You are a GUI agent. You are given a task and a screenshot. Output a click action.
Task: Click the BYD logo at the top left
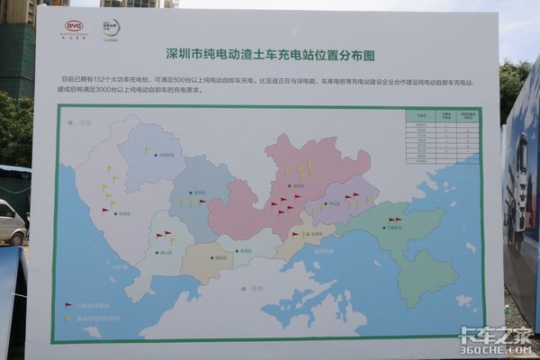(74, 27)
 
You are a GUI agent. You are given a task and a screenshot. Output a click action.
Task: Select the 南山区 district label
(167, 253)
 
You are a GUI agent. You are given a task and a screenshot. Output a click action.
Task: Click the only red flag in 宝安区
(106, 211)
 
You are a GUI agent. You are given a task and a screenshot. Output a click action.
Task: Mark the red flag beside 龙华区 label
(202, 202)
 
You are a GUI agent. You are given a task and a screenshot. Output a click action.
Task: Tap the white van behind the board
(12, 223)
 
